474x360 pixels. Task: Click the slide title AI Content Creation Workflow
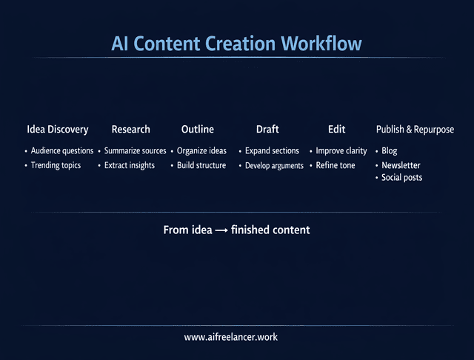pyautogui.click(x=236, y=43)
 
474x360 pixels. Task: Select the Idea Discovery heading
pyautogui.click(x=57, y=130)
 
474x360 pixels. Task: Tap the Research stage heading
pyautogui.click(x=130, y=130)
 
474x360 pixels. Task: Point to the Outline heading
pyautogui.click(x=197, y=130)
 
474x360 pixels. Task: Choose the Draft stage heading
pyautogui.click(x=267, y=130)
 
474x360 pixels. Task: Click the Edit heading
pyautogui.click(x=336, y=130)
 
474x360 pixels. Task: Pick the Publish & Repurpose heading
pyautogui.click(x=415, y=130)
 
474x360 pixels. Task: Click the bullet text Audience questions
pyautogui.click(x=62, y=151)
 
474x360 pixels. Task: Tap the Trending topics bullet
pyautogui.click(x=56, y=165)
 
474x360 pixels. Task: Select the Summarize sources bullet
pyautogui.click(x=135, y=151)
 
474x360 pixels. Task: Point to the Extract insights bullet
pyautogui.click(x=129, y=165)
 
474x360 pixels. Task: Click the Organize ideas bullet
pyautogui.click(x=201, y=151)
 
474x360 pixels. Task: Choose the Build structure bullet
pyautogui.click(x=201, y=165)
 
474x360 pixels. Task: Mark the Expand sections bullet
pyautogui.click(x=272, y=151)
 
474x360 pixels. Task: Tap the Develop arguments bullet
pyautogui.click(x=274, y=166)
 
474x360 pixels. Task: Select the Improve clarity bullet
pyautogui.click(x=341, y=151)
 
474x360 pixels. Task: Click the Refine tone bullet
pyautogui.click(x=336, y=165)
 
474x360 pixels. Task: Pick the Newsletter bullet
pyautogui.click(x=401, y=165)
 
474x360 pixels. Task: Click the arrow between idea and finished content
pyautogui.click(x=221, y=231)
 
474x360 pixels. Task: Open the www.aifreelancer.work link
pyautogui.click(x=231, y=337)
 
